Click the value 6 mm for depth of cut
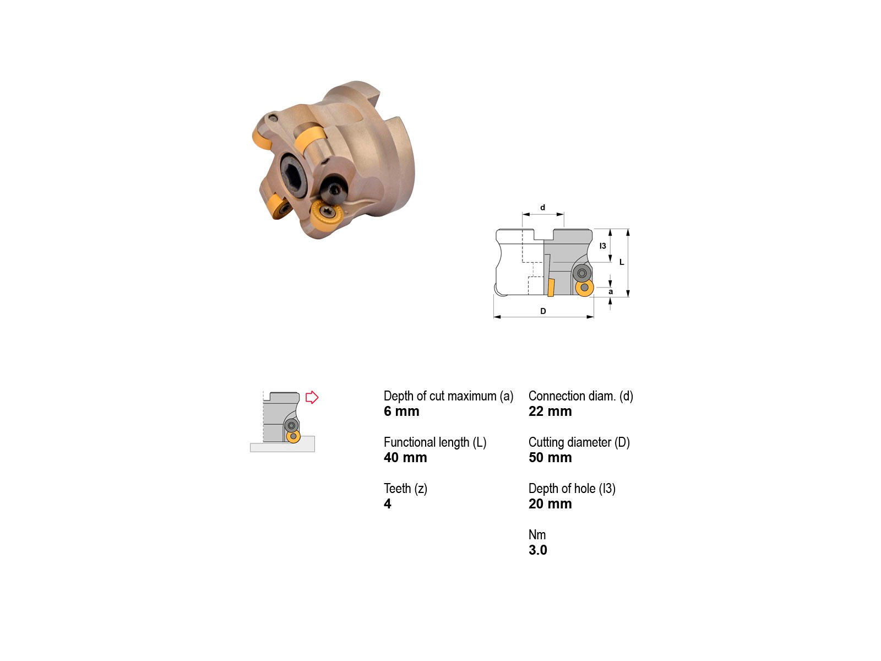401,411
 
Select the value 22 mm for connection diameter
550,411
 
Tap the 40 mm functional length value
405,458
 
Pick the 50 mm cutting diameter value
550,458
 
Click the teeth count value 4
387,503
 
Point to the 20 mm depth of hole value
550,503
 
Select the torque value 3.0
537,550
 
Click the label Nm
537,534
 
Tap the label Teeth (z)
405,489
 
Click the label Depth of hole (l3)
572,489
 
